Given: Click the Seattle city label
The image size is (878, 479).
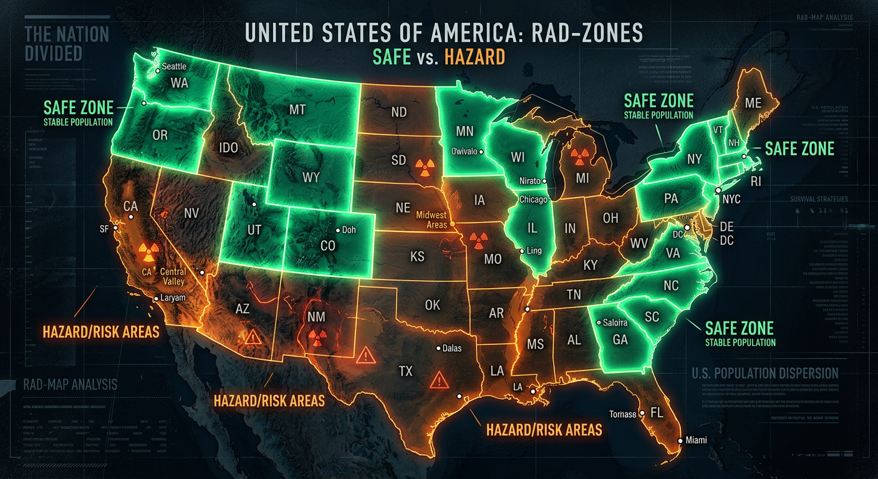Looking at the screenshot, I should point(174,67).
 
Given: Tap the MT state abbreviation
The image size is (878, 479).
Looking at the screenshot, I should point(297,110).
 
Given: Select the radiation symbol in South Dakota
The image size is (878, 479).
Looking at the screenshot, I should point(423,166).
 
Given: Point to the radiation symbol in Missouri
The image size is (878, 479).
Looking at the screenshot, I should point(477,239).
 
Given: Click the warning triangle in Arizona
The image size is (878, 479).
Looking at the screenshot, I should point(253,337).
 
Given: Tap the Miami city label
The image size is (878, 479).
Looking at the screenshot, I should point(695,440).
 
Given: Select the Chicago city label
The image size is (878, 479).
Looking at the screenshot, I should point(533,200).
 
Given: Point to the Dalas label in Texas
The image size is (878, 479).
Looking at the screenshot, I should point(451,348).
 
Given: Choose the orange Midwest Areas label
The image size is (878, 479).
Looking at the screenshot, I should point(432,220).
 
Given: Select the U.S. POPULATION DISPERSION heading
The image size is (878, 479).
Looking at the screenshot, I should point(765,374).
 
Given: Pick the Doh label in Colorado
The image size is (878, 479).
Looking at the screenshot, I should point(349,230).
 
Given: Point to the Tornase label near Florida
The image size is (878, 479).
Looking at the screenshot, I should point(623,414).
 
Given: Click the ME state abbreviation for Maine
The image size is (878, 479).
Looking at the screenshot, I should point(753,103).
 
